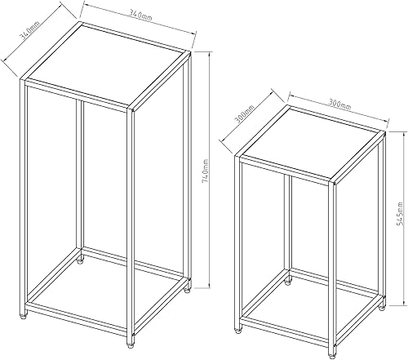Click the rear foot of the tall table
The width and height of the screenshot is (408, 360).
coord(81,263)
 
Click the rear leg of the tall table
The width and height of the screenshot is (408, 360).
coord(81,180)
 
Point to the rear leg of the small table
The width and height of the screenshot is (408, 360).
coord(289,229)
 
